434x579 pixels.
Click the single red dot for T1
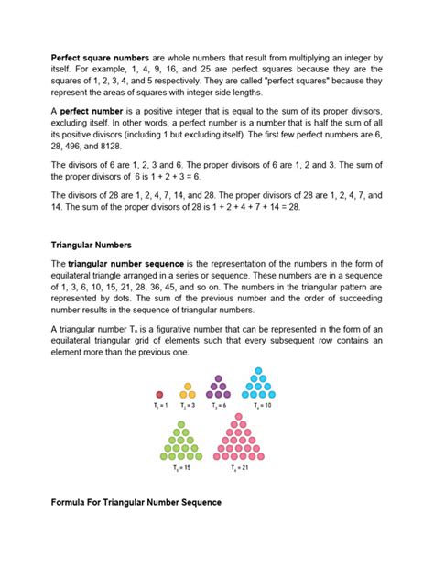pyautogui.click(x=159, y=394)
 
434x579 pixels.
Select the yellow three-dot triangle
pyautogui.click(x=188, y=391)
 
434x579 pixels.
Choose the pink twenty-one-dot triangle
pyautogui.click(x=238, y=437)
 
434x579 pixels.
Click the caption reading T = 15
pyautogui.click(x=183, y=469)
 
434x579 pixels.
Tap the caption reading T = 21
pyautogui.click(x=238, y=469)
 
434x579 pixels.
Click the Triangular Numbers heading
pyautogui.click(x=92, y=246)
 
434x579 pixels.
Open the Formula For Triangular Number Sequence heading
pyautogui.click(x=137, y=503)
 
